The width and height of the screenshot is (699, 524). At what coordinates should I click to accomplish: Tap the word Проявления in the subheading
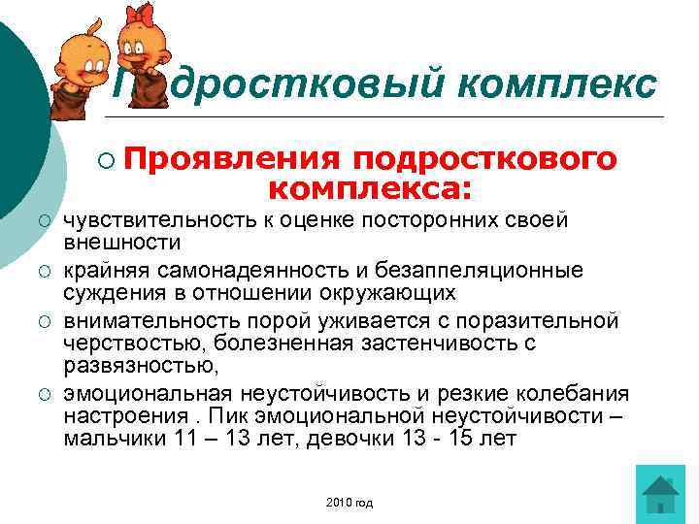(x=230, y=157)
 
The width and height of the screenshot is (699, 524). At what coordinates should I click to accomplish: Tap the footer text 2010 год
(x=350, y=503)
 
